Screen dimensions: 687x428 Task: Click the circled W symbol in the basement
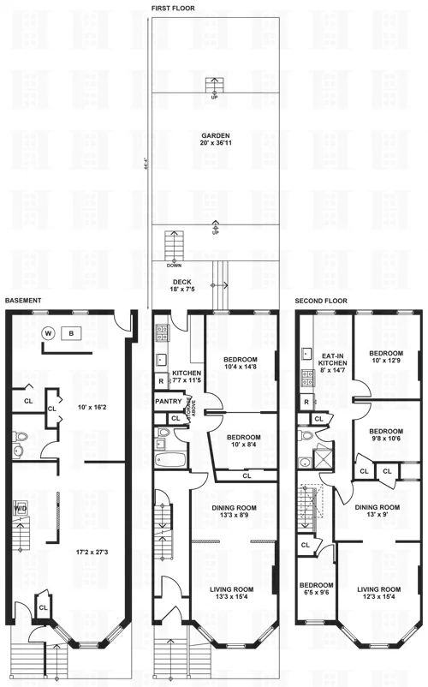coord(48,332)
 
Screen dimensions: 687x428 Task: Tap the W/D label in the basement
coord(21,508)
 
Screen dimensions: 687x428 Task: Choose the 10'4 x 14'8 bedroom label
coord(239,363)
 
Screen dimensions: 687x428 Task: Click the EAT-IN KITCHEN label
coord(331,365)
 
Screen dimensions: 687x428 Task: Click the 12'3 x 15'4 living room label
coord(379,594)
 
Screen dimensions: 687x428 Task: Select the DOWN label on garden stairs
coord(174,265)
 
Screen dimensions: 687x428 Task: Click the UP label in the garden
coord(213,97)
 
